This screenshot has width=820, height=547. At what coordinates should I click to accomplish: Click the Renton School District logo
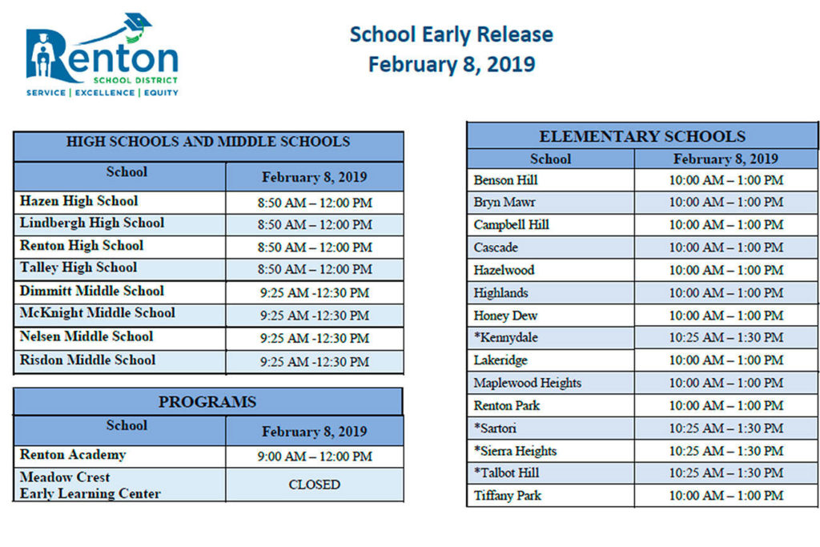102,54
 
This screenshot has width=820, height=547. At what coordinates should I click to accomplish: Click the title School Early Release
451,34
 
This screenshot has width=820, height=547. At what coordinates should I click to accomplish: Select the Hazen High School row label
78,201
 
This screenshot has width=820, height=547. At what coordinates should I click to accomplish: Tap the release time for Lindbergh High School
315,225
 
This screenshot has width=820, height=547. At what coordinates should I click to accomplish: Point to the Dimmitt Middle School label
91,291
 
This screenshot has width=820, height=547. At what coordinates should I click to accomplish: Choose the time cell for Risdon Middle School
315,362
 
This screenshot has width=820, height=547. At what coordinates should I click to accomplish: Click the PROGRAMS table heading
207,402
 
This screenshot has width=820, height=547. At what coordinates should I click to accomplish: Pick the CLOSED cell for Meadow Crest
315,485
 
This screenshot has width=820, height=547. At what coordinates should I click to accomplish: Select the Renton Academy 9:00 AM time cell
315,457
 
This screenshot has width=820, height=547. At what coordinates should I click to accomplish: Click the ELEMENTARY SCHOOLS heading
642,136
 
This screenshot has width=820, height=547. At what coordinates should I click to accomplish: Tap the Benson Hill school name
505,180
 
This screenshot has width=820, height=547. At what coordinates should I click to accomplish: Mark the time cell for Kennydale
726,338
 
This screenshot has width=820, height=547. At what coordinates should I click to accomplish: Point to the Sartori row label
495,428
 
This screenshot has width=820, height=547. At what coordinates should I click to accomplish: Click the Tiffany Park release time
726,496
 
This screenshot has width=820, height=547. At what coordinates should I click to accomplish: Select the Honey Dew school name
505,316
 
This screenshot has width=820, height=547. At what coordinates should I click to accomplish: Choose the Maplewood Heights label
527,383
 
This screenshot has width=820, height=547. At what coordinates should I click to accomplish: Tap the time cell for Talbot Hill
726,473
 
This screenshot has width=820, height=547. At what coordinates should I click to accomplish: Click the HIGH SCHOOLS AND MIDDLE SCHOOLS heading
207,142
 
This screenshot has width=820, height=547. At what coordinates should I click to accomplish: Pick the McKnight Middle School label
97,313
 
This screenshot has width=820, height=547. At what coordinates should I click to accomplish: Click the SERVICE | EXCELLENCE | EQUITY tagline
102,93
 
